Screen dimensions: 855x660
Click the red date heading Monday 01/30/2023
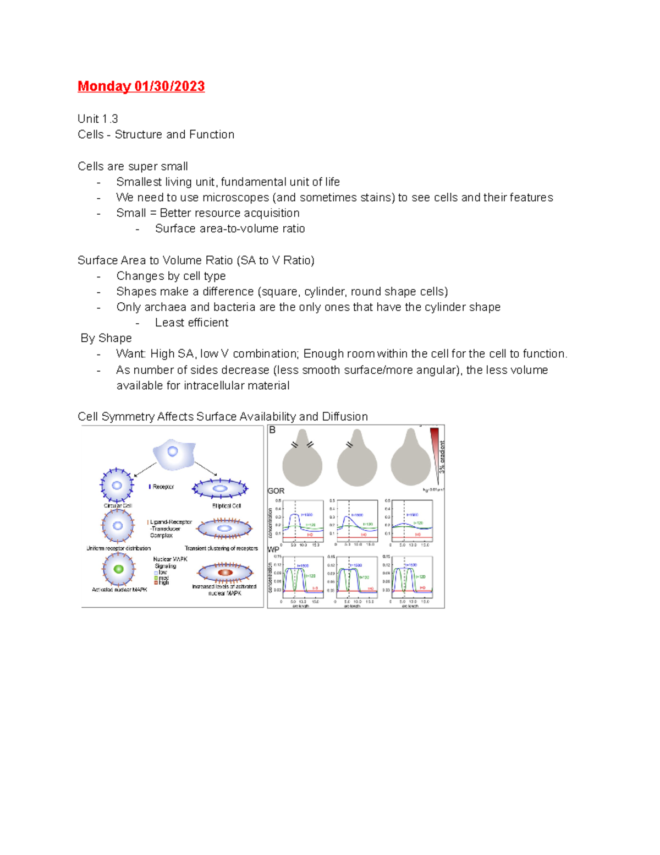(x=141, y=86)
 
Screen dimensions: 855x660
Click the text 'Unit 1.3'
(x=98, y=119)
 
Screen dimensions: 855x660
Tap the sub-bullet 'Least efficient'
(x=191, y=323)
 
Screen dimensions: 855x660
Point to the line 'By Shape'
(x=106, y=338)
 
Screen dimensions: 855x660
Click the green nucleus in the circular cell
(x=118, y=569)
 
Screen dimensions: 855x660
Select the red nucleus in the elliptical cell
(x=225, y=573)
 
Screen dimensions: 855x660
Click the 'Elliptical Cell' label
(x=227, y=506)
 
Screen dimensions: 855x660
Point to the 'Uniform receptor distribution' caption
(x=118, y=548)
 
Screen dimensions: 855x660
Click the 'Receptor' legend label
(x=163, y=487)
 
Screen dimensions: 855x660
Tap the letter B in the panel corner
(x=272, y=430)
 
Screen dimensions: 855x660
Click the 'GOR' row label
(x=276, y=491)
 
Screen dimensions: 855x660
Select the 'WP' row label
(x=273, y=549)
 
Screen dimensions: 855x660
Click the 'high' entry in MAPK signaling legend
(x=163, y=582)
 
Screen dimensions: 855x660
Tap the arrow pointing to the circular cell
(x=145, y=470)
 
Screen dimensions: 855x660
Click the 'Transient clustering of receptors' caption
(x=221, y=548)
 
